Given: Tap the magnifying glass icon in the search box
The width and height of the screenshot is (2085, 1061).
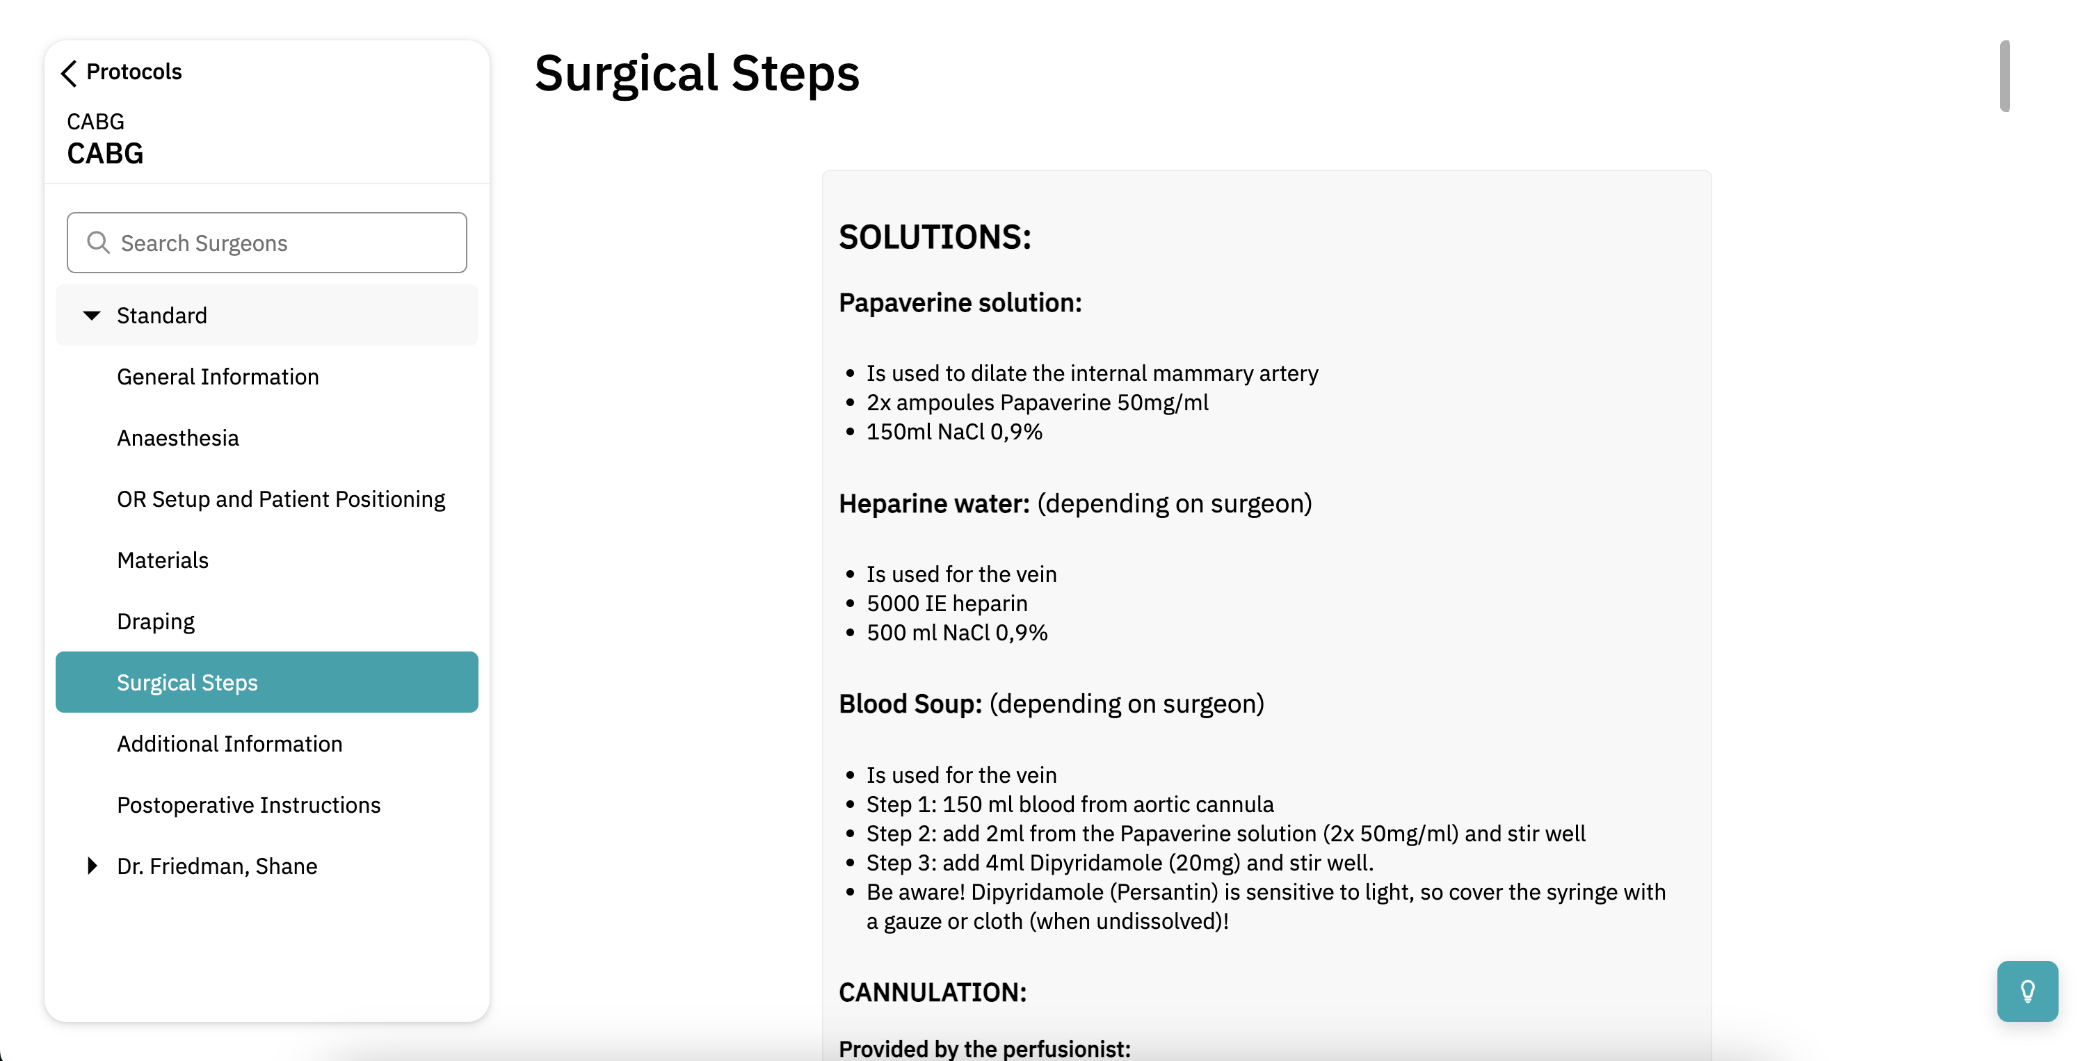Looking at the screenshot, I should [98, 243].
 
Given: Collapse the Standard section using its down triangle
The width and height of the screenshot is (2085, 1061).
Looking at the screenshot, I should [92, 316].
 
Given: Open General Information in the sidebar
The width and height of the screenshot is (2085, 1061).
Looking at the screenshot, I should [218, 377].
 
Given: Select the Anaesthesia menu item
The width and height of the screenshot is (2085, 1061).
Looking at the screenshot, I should [178, 438].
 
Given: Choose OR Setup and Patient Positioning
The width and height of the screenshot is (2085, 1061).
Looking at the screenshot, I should [281, 499].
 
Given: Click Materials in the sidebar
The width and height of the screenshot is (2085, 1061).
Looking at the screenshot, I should [163, 560].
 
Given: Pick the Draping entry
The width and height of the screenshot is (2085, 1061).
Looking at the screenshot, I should [155, 622].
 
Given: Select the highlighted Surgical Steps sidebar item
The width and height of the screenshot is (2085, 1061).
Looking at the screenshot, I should [187, 682].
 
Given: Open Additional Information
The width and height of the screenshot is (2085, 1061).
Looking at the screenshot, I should [229, 744].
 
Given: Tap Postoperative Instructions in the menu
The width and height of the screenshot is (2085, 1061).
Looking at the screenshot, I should [248, 805].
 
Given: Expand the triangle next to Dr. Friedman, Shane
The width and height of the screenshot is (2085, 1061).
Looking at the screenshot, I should [92, 866].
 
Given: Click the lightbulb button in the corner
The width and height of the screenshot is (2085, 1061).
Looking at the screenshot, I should [2027, 991].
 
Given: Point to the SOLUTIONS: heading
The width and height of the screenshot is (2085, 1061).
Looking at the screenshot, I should [935, 237].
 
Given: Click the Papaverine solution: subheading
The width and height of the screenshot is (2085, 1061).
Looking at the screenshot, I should [960, 302].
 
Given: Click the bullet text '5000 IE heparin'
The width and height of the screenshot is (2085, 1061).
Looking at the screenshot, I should [947, 604].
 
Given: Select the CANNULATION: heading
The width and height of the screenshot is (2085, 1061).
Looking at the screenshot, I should [933, 992].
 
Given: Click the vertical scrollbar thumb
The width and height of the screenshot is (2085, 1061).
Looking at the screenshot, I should [2004, 75].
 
